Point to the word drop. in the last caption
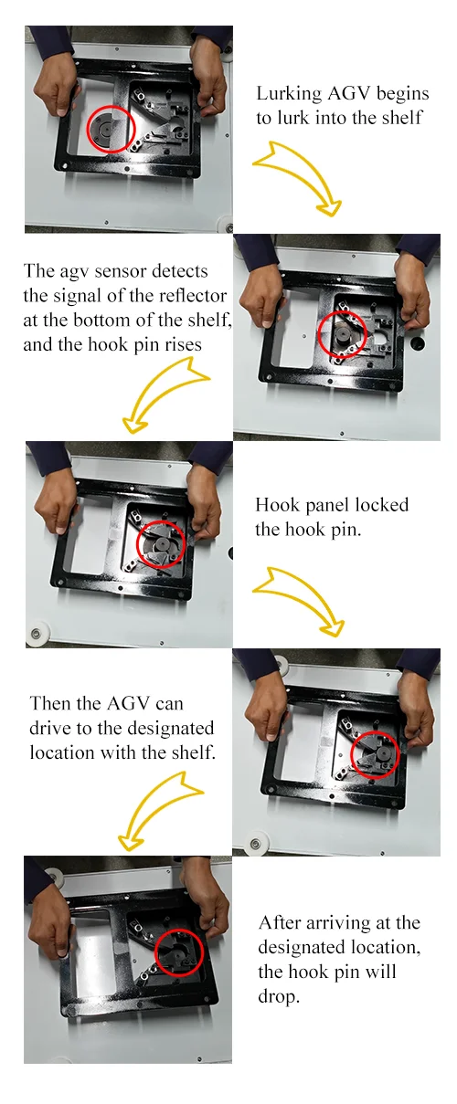(x=279, y=996)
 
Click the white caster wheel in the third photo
(x=39, y=632)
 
